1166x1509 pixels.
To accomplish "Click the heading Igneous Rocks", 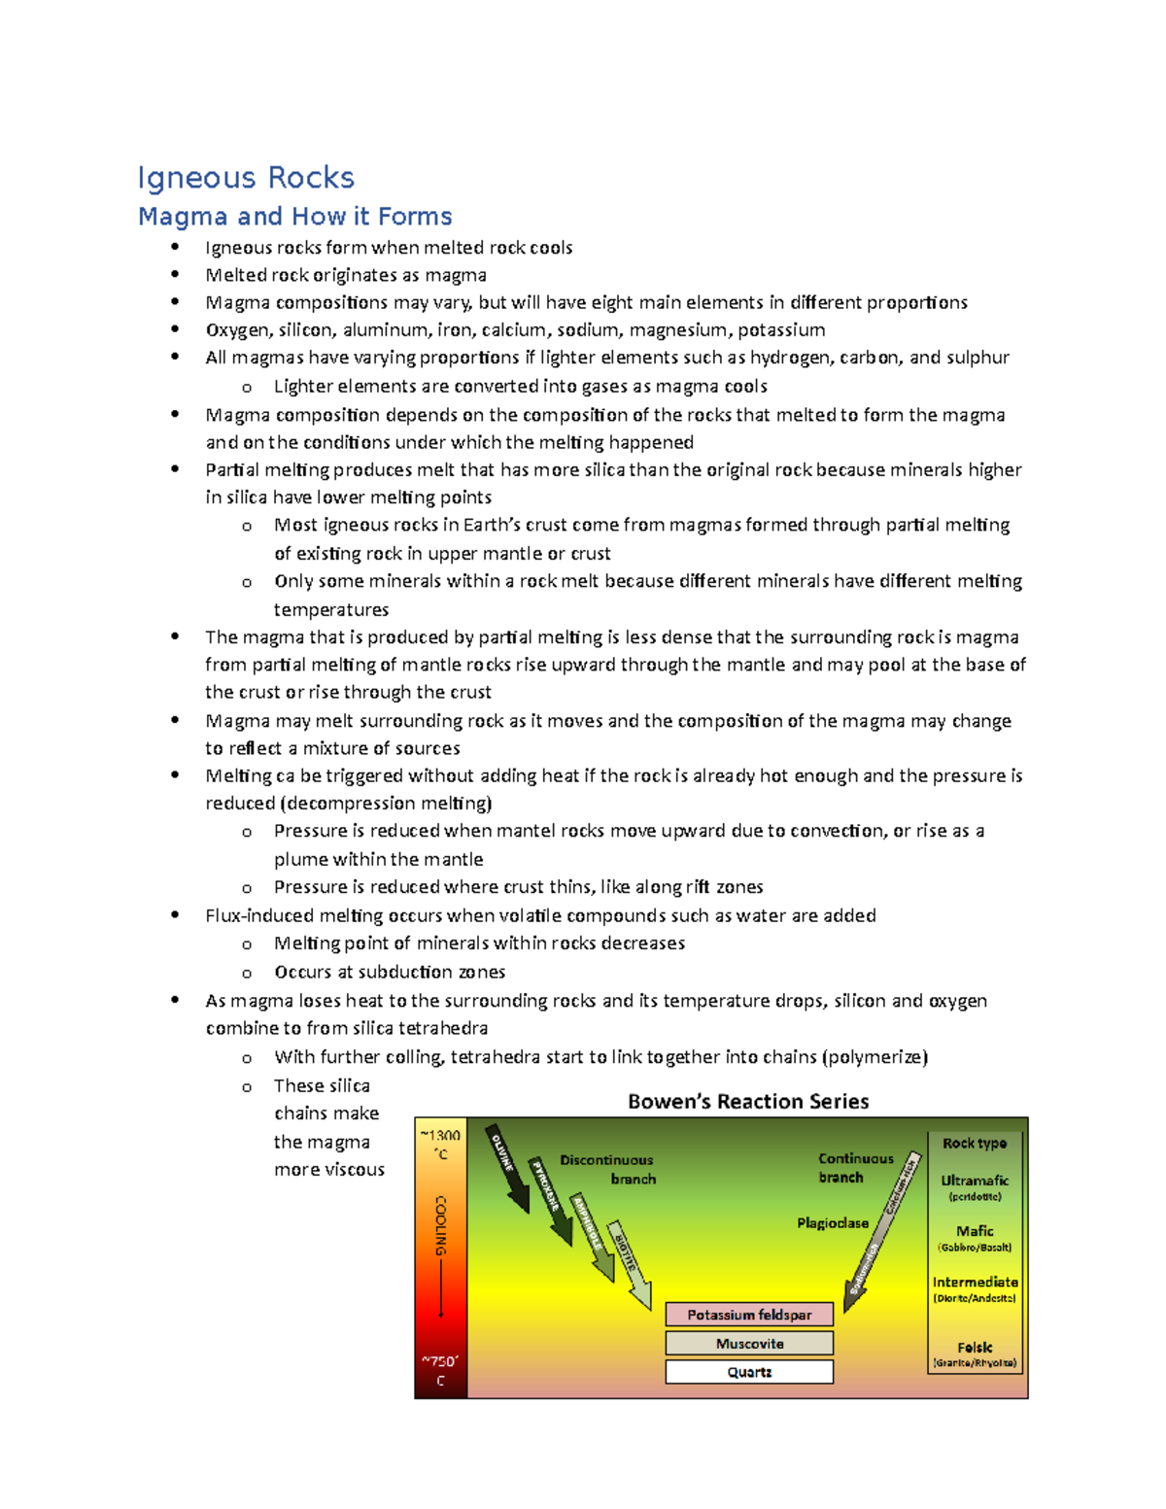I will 245,178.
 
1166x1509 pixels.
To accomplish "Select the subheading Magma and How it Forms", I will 294,216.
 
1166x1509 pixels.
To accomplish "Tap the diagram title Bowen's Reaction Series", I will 747,1101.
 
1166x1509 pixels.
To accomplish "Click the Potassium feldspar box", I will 749,1315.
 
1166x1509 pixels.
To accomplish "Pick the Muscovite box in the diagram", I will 749,1344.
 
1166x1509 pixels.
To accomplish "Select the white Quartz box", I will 749,1372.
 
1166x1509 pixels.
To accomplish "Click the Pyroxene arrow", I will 550,1201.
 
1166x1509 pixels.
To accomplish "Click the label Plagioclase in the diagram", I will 833,1223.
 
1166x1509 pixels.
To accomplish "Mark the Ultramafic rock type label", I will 975,1181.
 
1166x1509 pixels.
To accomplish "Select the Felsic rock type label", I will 975,1348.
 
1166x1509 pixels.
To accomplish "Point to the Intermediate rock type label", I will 975,1283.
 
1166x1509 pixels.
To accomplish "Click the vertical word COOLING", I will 441,1225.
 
